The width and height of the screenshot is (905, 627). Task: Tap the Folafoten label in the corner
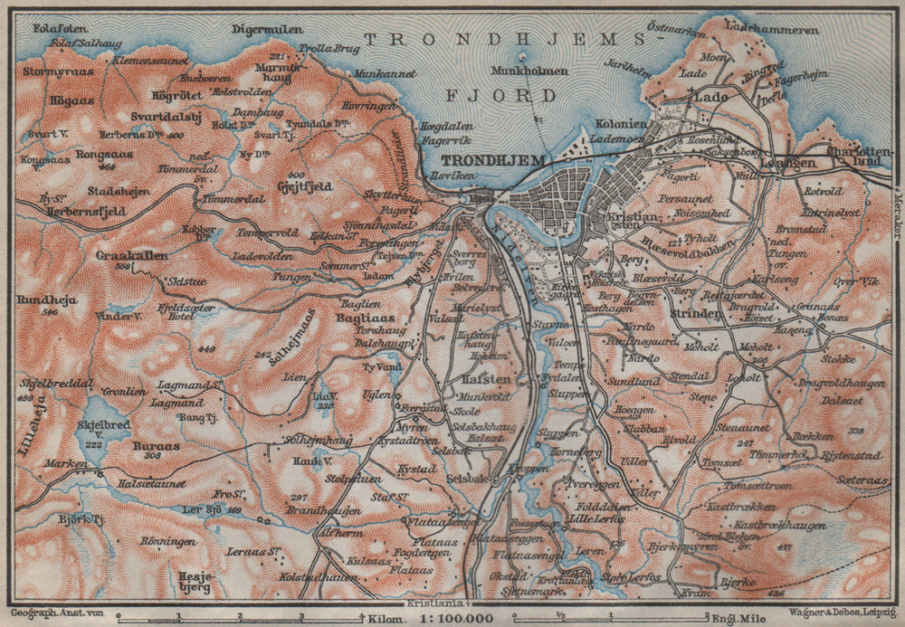tap(52, 28)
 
